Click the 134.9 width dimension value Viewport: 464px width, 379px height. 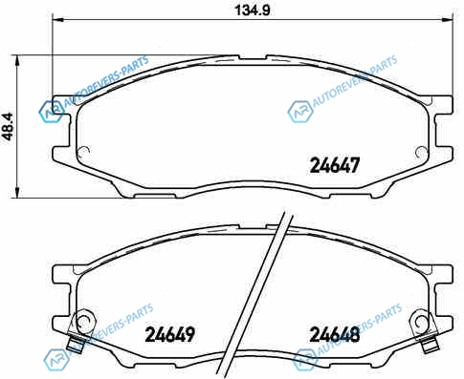[252, 11]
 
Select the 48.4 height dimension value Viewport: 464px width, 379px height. [8, 127]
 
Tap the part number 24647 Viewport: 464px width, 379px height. [335, 165]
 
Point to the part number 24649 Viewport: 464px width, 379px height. [169, 334]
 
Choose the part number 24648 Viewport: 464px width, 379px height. [335, 334]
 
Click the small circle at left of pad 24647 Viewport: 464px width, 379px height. [84, 152]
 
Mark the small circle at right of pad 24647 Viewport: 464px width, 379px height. [422, 152]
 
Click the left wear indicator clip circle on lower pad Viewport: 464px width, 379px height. [83, 322]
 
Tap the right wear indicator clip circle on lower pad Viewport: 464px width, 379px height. [422, 322]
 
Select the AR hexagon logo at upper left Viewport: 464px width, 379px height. [52, 112]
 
